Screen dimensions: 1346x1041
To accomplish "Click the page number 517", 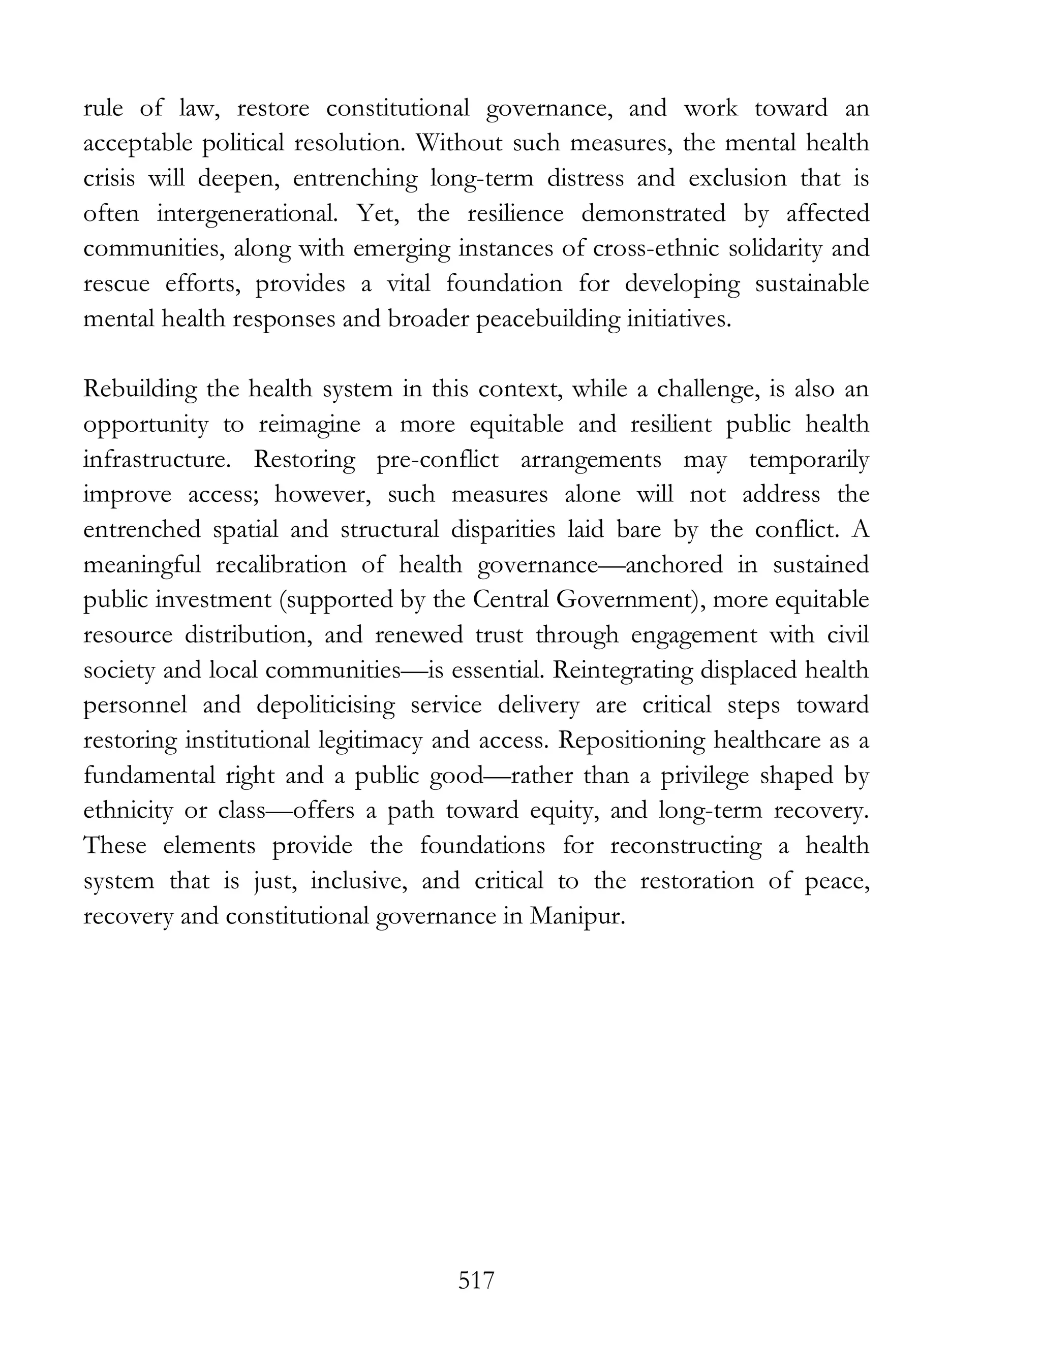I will coord(476,1280).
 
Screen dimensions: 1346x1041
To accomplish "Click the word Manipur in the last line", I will coord(576,916).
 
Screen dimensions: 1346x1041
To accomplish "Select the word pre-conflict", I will coord(437,459).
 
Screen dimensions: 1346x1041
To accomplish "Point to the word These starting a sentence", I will coord(115,845).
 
